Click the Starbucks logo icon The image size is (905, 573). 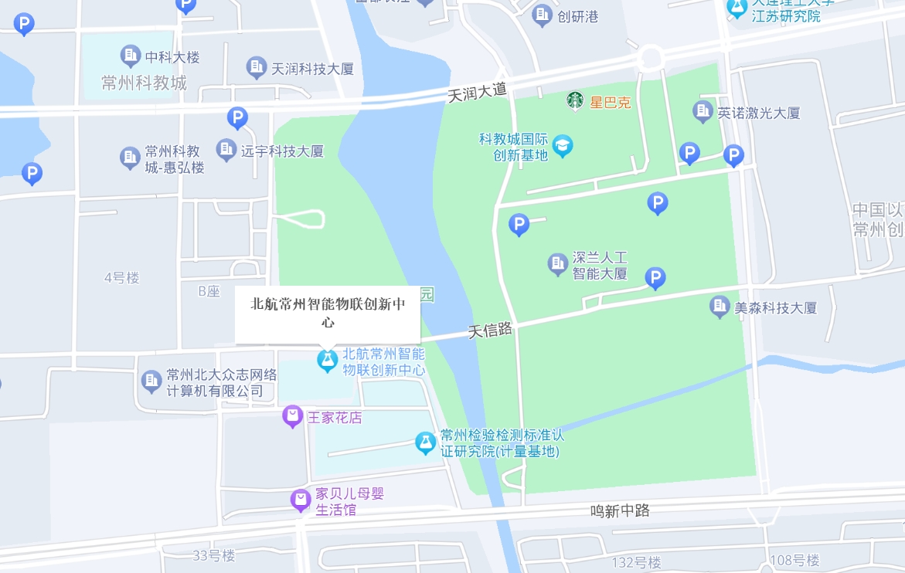[x=574, y=100]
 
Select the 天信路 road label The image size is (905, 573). [x=491, y=331]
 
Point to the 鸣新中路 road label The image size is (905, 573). [x=620, y=510]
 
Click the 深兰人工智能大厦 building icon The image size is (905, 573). [x=557, y=264]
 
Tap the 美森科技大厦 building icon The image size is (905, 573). [x=720, y=307]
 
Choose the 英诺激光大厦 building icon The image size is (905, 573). [x=703, y=112]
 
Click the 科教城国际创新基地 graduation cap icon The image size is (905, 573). [x=563, y=146]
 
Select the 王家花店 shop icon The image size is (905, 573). [x=292, y=417]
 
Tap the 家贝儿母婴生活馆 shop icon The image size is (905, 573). [x=301, y=500]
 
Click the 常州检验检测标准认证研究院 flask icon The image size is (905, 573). [x=425, y=442]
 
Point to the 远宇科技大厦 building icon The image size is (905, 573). [x=226, y=150]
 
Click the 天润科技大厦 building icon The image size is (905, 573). [x=256, y=68]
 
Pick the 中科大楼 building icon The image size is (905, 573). [x=130, y=56]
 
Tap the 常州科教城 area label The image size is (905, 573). [x=145, y=83]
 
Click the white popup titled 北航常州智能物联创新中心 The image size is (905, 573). [x=328, y=312]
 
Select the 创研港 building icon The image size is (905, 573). [x=543, y=16]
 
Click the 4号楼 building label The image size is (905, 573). [x=121, y=278]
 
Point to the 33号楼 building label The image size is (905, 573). [x=213, y=555]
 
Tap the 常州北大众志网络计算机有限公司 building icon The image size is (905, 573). [x=151, y=381]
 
